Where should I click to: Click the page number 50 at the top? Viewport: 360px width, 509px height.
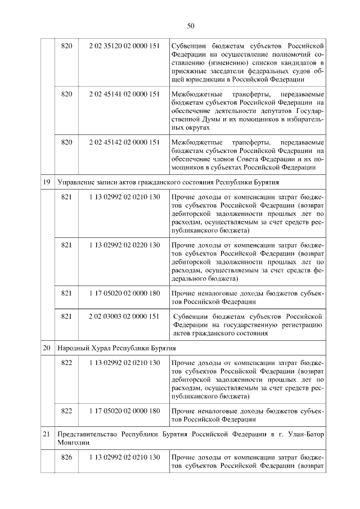point(190,26)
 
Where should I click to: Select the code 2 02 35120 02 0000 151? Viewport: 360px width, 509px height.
point(124,44)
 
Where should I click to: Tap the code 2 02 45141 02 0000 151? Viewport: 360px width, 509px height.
point(124,93)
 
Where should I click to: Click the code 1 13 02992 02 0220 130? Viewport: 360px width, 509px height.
point(124,245)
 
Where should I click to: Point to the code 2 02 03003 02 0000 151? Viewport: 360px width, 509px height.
point(124,317)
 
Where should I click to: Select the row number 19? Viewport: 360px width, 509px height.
point(47,183)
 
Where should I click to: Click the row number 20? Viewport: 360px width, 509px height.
point(47,348)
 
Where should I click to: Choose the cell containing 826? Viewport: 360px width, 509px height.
point(66,457)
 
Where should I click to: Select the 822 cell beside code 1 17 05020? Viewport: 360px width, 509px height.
point(66,411)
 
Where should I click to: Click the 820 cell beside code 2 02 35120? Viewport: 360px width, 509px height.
point(66,44)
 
